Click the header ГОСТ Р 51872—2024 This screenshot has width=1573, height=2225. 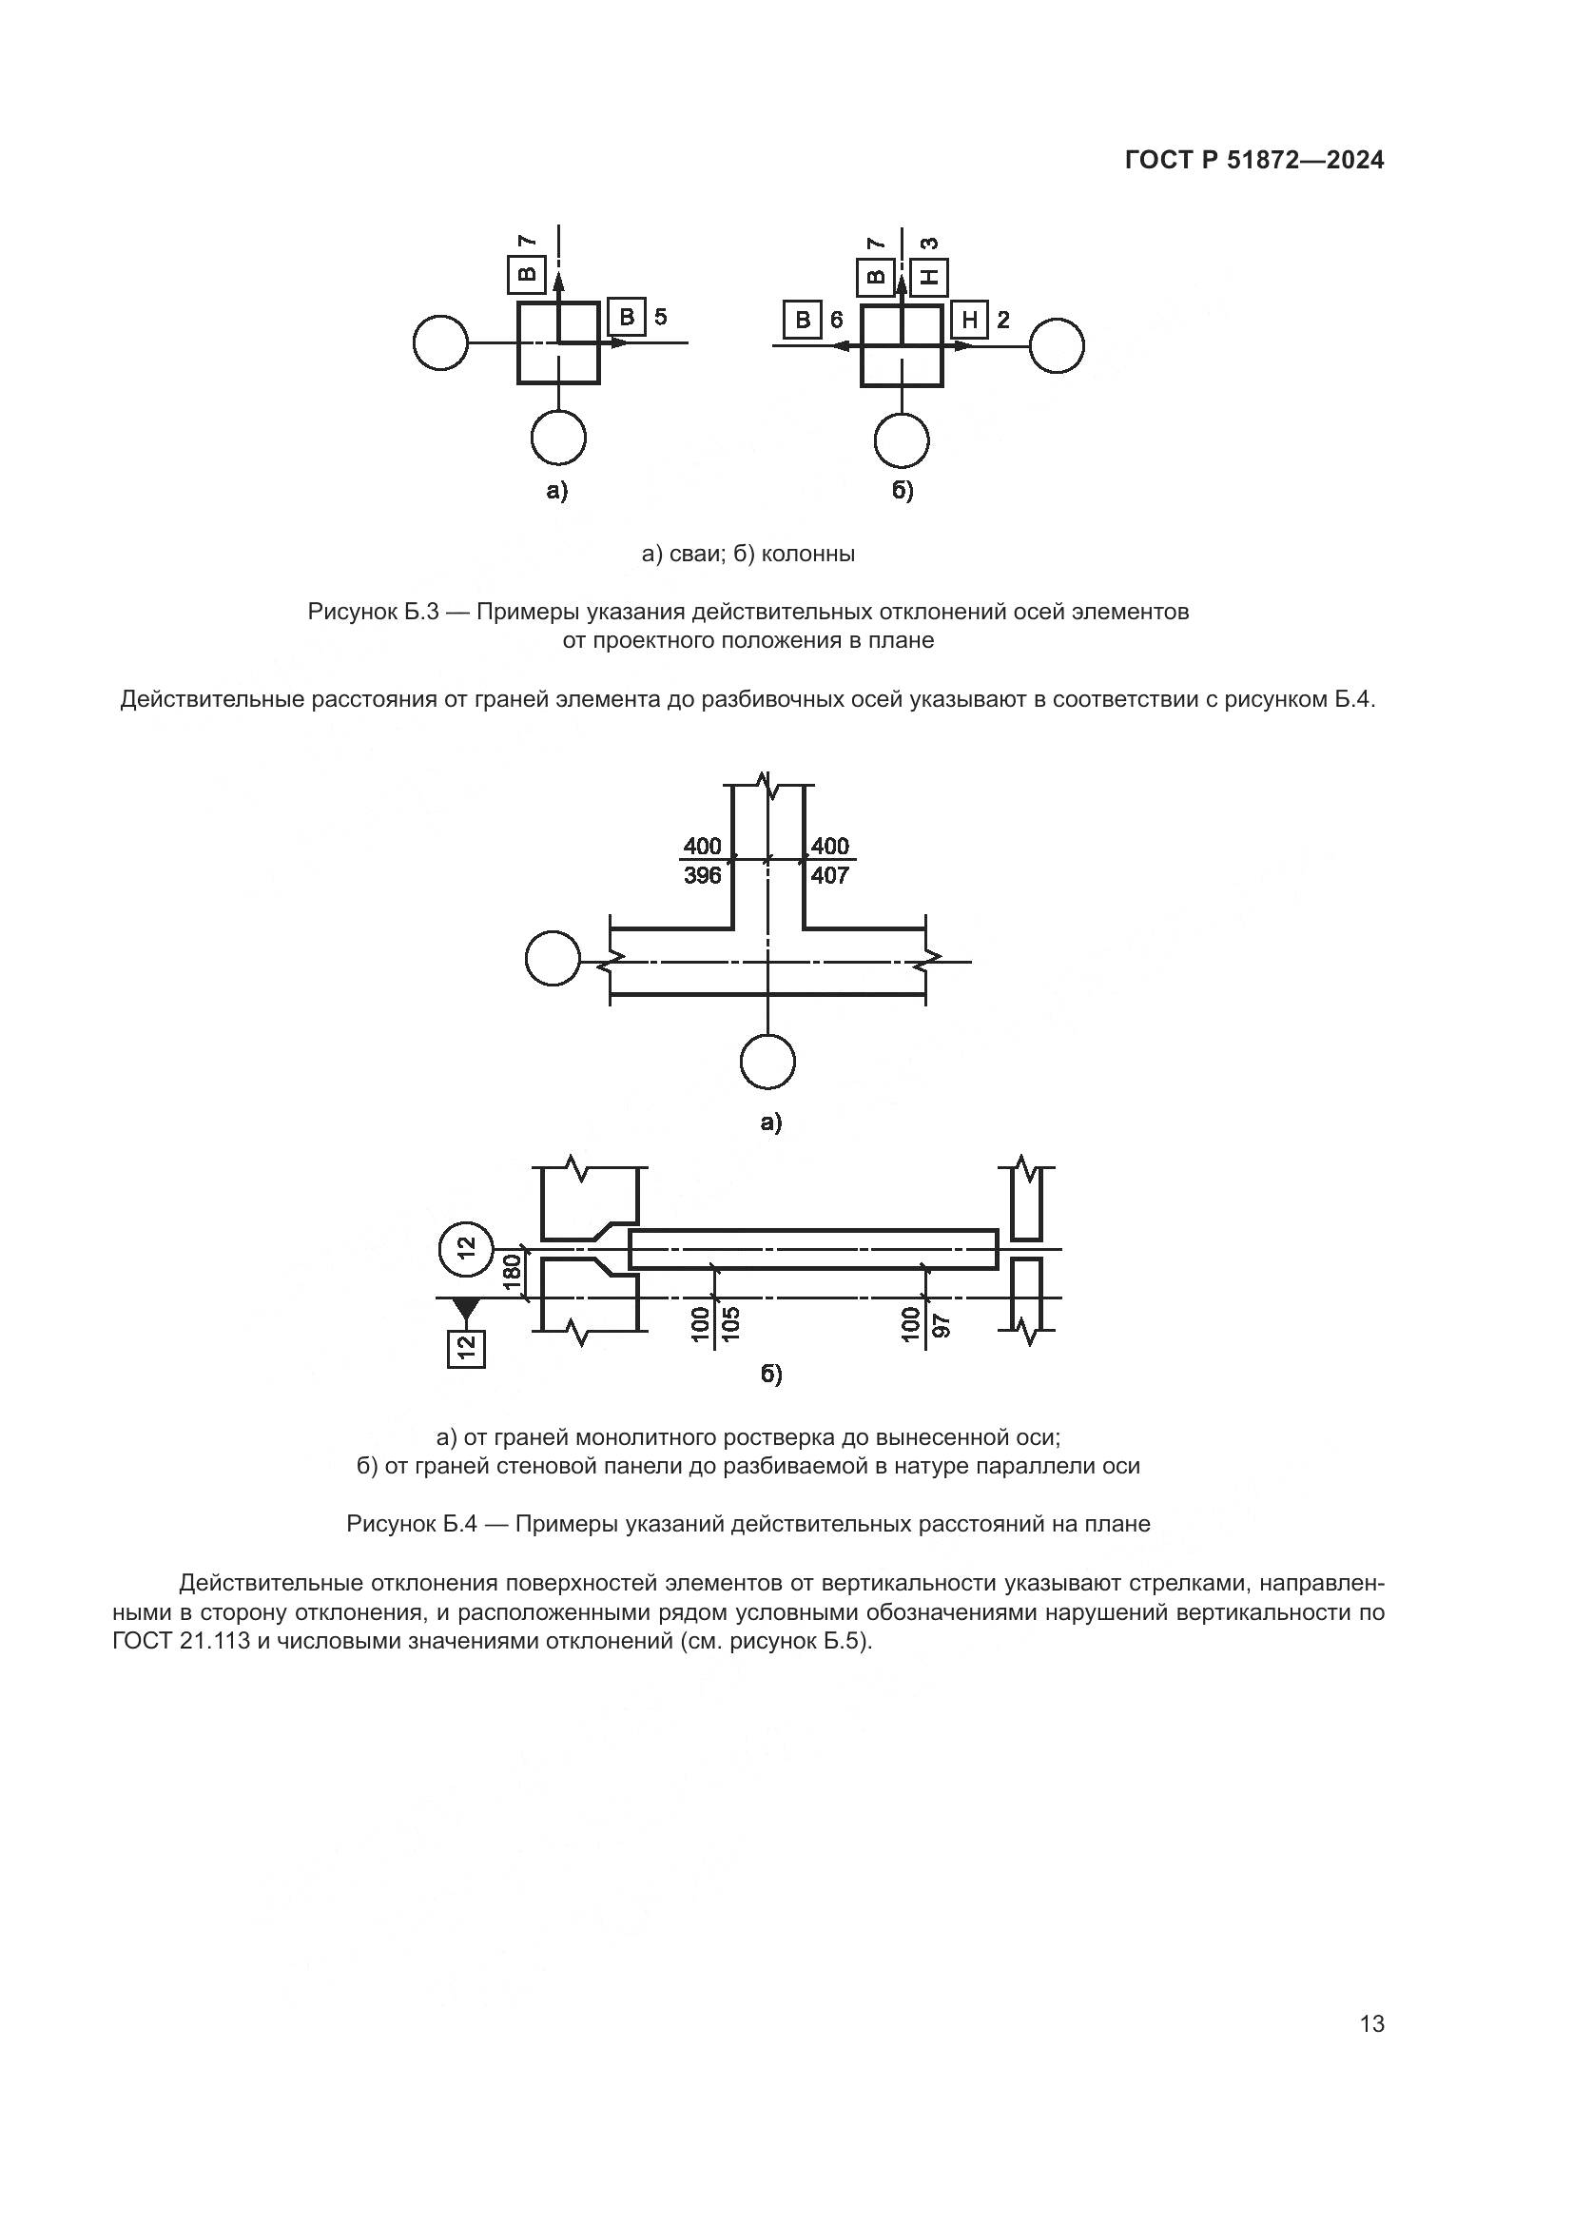1254,160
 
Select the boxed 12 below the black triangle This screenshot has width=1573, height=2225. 466,1348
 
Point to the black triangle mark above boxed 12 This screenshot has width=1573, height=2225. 466,1308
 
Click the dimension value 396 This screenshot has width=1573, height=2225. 702,876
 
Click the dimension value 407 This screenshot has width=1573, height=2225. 830,876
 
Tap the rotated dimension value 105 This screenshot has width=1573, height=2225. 731,1324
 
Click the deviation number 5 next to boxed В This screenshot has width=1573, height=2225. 660,317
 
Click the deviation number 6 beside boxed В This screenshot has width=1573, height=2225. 836,320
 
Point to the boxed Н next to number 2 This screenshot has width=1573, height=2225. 968,320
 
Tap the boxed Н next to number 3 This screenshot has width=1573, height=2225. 930,278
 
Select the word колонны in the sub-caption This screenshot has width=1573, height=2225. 807,555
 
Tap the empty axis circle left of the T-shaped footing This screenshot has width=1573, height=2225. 553,959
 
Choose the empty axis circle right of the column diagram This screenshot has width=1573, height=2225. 1056,345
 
